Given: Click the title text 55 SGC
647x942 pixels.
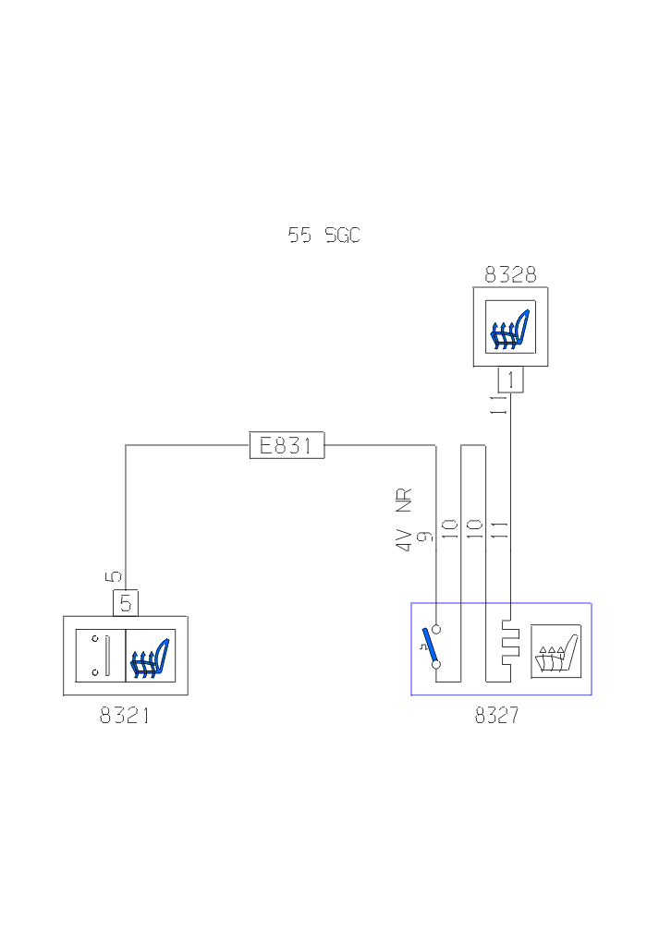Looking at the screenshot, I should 323,235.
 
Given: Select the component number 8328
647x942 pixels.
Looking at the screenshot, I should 510,274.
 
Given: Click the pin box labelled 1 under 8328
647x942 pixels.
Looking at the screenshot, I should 510,380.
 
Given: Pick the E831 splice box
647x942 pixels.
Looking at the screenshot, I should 287,446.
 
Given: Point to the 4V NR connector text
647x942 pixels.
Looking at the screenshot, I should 403,520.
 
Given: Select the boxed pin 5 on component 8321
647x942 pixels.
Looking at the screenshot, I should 126,603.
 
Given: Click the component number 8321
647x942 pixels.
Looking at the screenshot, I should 125,716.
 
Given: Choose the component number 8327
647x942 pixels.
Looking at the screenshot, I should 497,716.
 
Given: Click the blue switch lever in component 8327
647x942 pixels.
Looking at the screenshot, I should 428,643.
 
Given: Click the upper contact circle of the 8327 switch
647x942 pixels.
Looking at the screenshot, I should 436,629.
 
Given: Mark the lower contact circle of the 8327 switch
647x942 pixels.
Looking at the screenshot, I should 436,664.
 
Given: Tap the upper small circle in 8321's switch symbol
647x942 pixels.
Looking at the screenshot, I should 94,638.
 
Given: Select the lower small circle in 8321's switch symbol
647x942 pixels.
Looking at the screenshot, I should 94,672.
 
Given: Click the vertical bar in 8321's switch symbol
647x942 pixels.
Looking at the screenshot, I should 107,656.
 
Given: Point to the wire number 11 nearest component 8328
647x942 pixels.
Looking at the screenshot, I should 499,405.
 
